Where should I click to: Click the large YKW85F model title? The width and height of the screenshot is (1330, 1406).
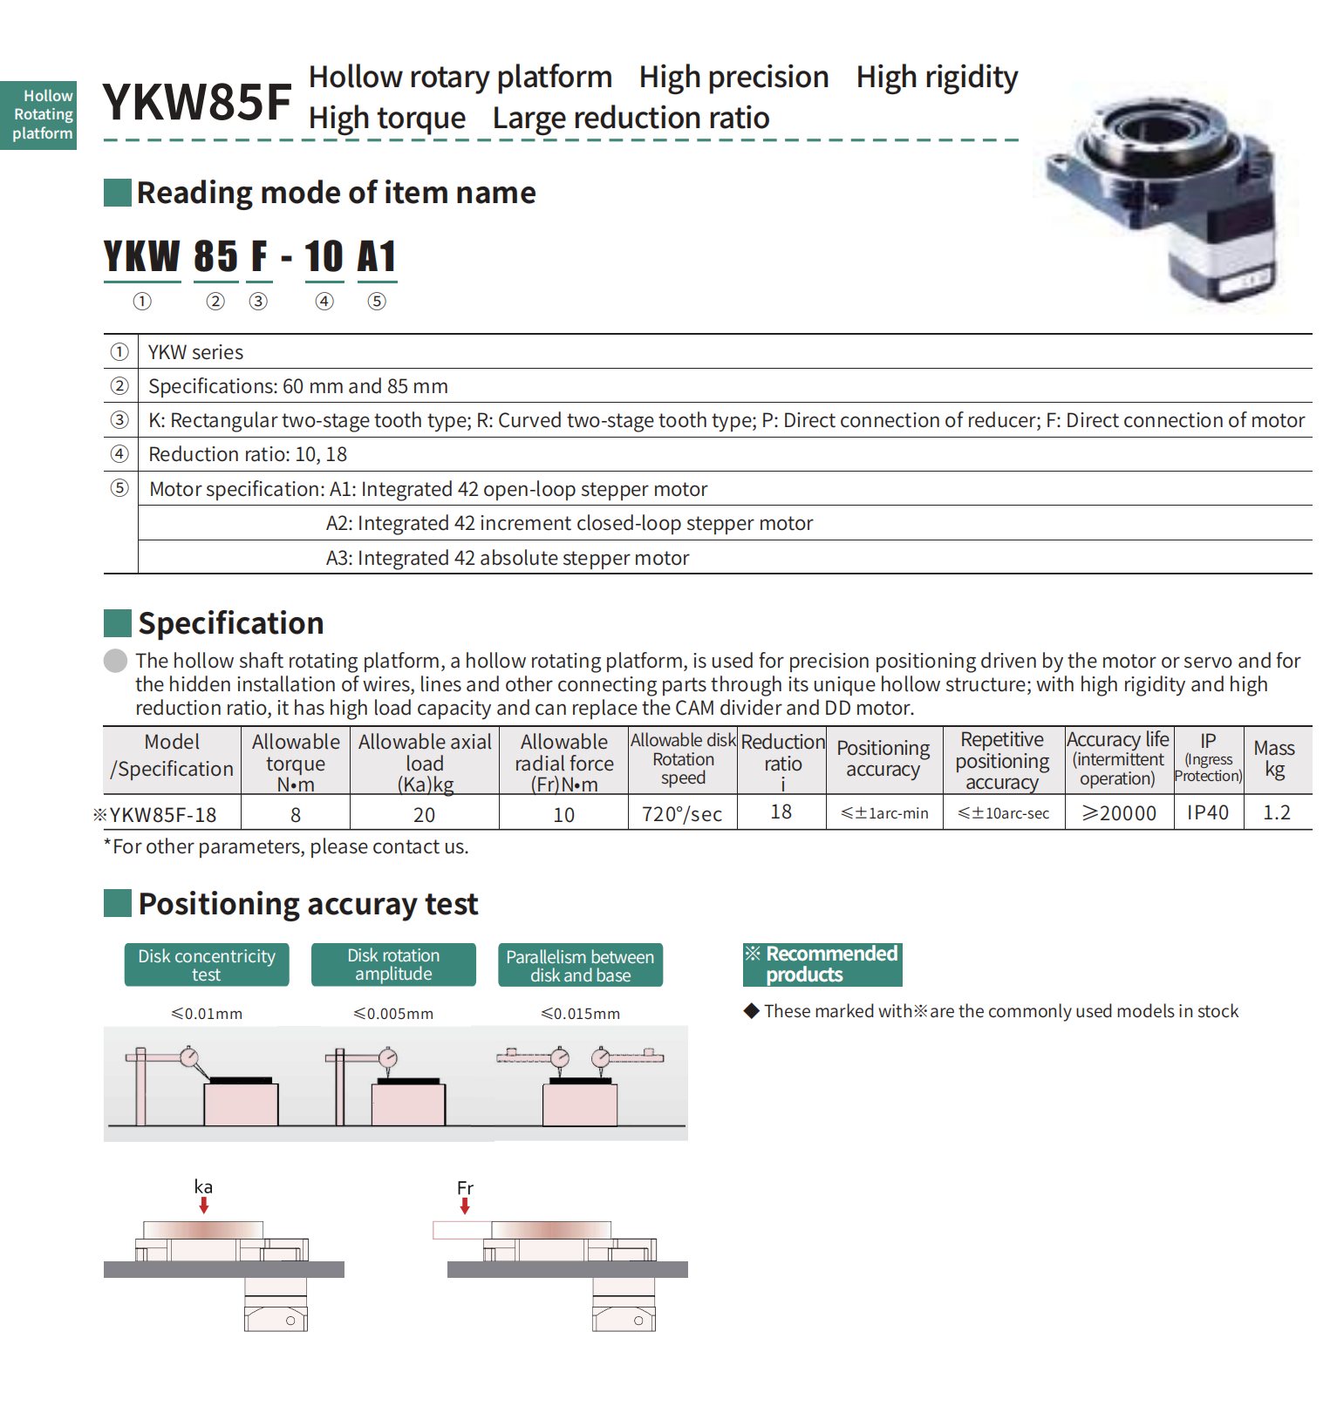click(x=197, y=102)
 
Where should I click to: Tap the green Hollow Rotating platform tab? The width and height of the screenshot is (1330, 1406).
click(x=40, y=115)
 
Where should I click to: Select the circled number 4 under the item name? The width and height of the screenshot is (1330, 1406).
click(x=324, y=302)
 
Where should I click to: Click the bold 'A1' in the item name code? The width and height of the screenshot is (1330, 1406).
click(x=377, y=257)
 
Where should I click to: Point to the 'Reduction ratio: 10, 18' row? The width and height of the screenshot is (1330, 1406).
click(x=248, y=454)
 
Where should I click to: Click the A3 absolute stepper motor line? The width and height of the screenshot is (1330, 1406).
click(x=507, y=558)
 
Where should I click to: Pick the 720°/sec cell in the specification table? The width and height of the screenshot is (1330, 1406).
click(x=682, y=814)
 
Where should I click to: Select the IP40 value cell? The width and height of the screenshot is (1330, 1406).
click(x=1208, y=812)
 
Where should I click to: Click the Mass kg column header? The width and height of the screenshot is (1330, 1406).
click(x=1274, y=758)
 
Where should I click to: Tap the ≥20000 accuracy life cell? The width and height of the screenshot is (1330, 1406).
click(x=1119, y=813)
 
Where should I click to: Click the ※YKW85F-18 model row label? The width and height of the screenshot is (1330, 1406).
click(x=157, y=815)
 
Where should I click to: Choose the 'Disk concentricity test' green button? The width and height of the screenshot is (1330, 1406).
click(x=207, y=965)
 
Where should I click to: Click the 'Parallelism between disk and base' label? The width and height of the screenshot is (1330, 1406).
click(x=580, y=966)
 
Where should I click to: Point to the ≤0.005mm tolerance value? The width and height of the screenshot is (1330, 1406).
click(x=393, y=1014)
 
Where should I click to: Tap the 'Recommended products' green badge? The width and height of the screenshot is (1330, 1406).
click(x=822, y=964)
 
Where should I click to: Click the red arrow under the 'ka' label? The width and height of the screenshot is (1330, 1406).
click(x=204, y=1206)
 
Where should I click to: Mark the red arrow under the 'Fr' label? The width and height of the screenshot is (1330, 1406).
click(x=465, y=1206)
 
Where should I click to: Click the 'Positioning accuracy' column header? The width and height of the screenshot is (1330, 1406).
click(x=883, y=758)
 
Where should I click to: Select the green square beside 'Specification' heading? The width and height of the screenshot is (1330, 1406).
click(x=118, y=623)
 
